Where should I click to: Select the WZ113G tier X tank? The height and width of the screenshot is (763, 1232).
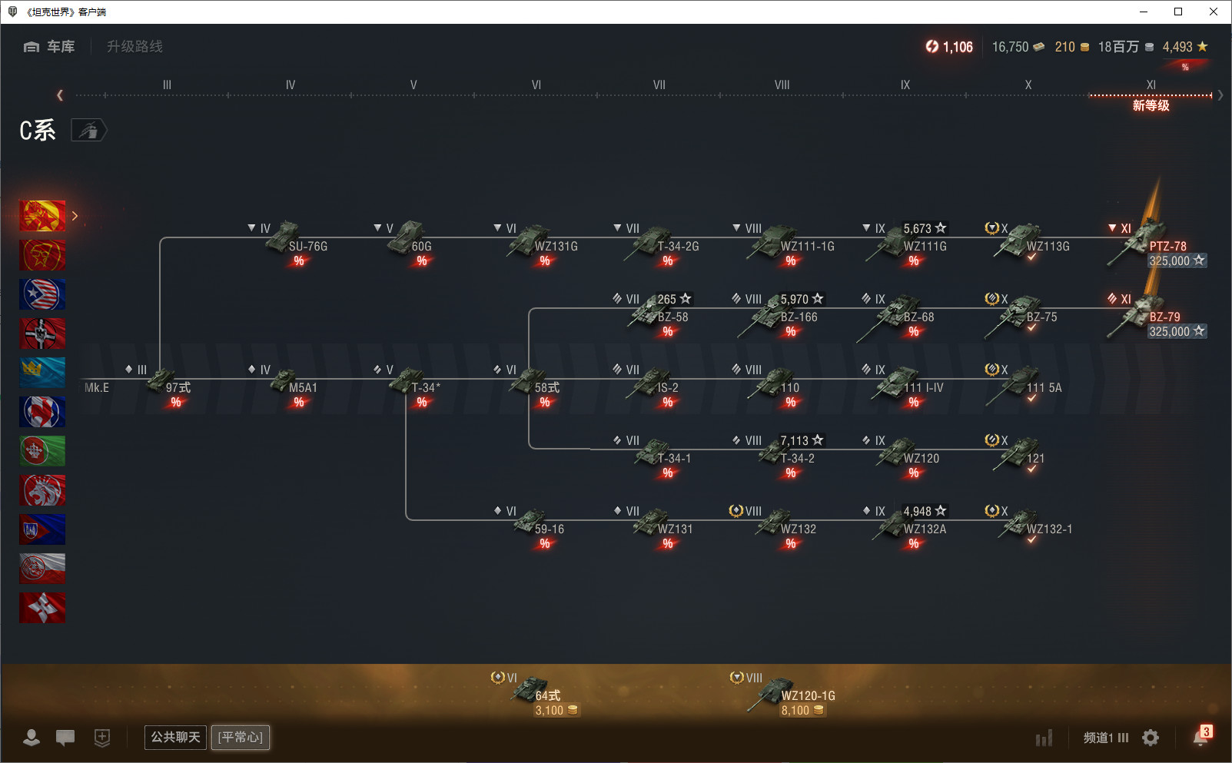tap(1028, 242)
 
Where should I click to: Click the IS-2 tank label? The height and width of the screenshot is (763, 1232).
tap(668, 387)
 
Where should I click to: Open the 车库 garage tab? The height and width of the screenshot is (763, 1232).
tap(49, 47)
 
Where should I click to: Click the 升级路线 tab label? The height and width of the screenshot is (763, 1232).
tap(134, 47)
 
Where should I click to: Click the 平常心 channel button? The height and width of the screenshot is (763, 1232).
tap(241, 737)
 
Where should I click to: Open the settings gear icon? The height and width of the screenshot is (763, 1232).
tap(1150, 738)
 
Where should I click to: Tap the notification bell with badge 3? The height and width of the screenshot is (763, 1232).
tap(1201, 737)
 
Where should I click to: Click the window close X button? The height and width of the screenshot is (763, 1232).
tap(1213, 12)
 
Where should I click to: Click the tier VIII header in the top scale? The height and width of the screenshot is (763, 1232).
tap(782, 85)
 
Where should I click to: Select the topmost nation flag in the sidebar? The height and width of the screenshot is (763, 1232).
tap(42, 215)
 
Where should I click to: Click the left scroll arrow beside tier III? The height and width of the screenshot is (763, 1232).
tap(59, 95)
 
